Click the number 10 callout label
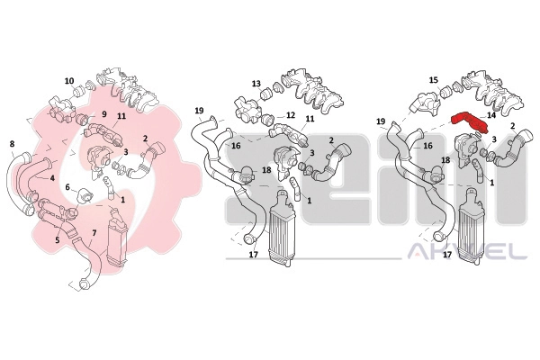click(x=69, y=81)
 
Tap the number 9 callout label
click(x=94, y=113)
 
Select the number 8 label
click(x=12, y=144)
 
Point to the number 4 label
click(x=52, y=178)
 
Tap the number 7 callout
click(x=94, y=233)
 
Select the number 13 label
click(x=256, y=84)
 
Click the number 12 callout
click(x=291, y=114)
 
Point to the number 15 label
click(x=434, y=80)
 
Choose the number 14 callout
click(x=491, y=115)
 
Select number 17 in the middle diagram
click(x=254, y=255)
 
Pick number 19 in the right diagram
click(x=381, y=121)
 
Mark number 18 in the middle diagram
click(x=266, y=170)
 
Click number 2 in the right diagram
click(x=512, y=126)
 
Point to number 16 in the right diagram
click(x=427, y=146)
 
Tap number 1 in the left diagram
click(x=123, y=199)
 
